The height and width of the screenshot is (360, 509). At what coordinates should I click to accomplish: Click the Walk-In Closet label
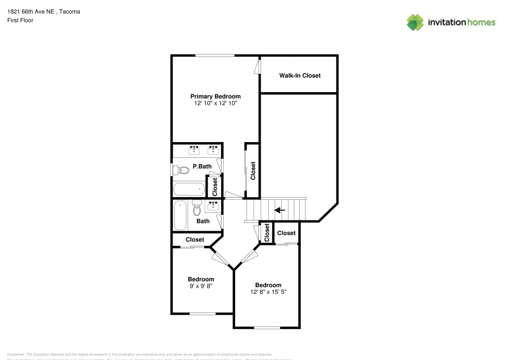coord(300,75)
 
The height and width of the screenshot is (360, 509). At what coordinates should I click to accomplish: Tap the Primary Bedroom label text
coord(215,96)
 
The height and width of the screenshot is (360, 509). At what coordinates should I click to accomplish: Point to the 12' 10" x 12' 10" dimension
coord(215,103)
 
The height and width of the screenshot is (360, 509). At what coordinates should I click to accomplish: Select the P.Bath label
coord(202,167)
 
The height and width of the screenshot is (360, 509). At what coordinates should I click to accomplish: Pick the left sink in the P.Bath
coord(194,150)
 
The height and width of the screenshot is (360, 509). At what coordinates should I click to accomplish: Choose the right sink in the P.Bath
coord(213,150)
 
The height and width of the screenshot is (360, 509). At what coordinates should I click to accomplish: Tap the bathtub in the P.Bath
coord(189,189)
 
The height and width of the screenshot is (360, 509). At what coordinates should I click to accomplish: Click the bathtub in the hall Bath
coord(180,216)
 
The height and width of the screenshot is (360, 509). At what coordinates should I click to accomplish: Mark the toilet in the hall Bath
coord(197,207)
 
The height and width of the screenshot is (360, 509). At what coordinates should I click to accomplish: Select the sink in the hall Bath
coord(213,206)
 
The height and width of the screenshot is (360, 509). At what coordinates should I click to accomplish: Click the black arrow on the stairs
coord(279,210)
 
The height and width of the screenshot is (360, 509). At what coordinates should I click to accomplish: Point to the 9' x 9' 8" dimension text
coord(201,286)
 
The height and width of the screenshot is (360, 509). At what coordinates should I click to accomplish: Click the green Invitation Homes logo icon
coord(415,22)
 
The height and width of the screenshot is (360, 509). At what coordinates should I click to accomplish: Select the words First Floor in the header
coord(20,20)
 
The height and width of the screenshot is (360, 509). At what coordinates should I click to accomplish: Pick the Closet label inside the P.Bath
coord(215,187)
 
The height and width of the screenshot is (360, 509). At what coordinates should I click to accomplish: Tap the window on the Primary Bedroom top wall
coord(215,56)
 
